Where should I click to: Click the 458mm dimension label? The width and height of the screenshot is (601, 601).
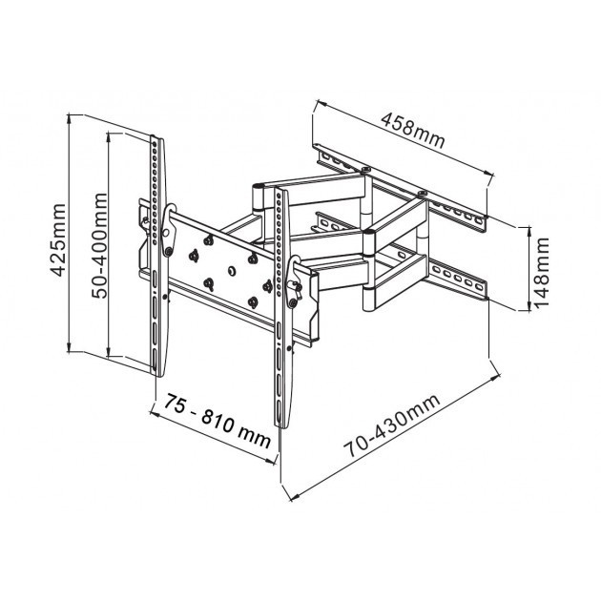[x=413, y=131]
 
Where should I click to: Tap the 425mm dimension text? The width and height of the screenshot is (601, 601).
[x=58, y=240]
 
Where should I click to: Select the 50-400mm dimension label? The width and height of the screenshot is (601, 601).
[x=99, y=246]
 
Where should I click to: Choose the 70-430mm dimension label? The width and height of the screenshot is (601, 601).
[x=392, y=425]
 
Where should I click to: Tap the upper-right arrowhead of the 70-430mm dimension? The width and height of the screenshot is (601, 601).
[x=496, y=378]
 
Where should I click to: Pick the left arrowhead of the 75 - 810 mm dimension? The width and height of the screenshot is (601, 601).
[x=155, y=413]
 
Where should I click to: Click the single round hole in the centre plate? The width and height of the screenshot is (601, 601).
[x=231, y=271]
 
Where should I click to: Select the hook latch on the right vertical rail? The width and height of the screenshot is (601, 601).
[x=294, y=281]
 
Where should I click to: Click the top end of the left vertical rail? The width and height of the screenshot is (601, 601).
[x=156, y=137]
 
